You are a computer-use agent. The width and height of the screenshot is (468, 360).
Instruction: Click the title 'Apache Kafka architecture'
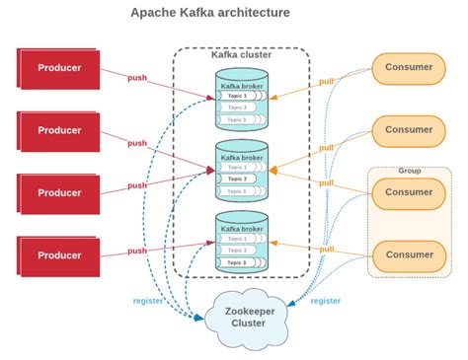point(210,13)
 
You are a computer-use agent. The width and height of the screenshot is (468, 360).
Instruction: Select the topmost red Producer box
point(58,68)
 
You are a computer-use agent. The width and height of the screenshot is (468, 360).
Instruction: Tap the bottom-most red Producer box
point(58,254)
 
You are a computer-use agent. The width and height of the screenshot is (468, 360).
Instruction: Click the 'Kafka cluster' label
point(242,54)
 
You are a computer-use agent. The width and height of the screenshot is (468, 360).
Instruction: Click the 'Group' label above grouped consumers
point(409,170)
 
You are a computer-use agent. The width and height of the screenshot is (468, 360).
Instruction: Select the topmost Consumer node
point(409,68)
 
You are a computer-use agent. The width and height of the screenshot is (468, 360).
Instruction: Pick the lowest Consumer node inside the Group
point(409,254)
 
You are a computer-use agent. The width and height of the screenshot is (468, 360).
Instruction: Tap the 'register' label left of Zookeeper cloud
point(147,300)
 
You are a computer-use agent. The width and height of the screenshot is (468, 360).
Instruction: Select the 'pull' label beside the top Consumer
point(326,81)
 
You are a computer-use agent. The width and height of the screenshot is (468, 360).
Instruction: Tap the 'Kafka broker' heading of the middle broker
point(242,156)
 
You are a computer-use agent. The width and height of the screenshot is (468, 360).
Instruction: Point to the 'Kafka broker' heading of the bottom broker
point(242,228)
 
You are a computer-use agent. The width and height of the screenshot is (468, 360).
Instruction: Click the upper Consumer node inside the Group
point(409,192)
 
